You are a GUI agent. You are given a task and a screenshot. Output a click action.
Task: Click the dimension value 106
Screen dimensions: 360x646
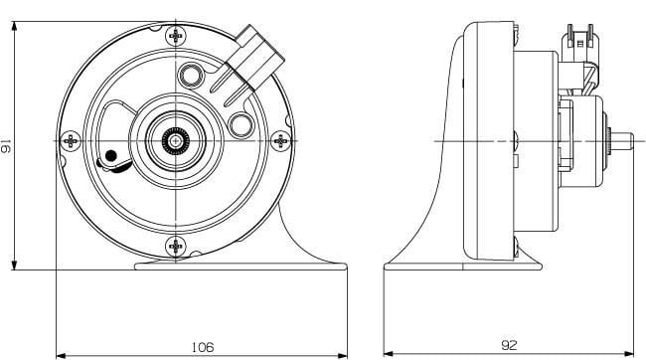(203, 347)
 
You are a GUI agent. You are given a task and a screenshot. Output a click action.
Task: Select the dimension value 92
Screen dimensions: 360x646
(508, 346)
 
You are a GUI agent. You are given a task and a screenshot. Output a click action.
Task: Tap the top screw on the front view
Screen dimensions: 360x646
(176, 36)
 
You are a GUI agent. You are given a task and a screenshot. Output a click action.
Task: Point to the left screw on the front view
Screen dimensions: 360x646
(71, 141)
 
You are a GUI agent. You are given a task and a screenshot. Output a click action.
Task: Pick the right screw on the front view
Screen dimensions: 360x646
(282, 141)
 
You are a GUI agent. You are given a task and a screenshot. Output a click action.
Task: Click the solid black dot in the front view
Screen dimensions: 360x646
(111, 155)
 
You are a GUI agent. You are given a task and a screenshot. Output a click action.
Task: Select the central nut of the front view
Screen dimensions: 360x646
(176, 142)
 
